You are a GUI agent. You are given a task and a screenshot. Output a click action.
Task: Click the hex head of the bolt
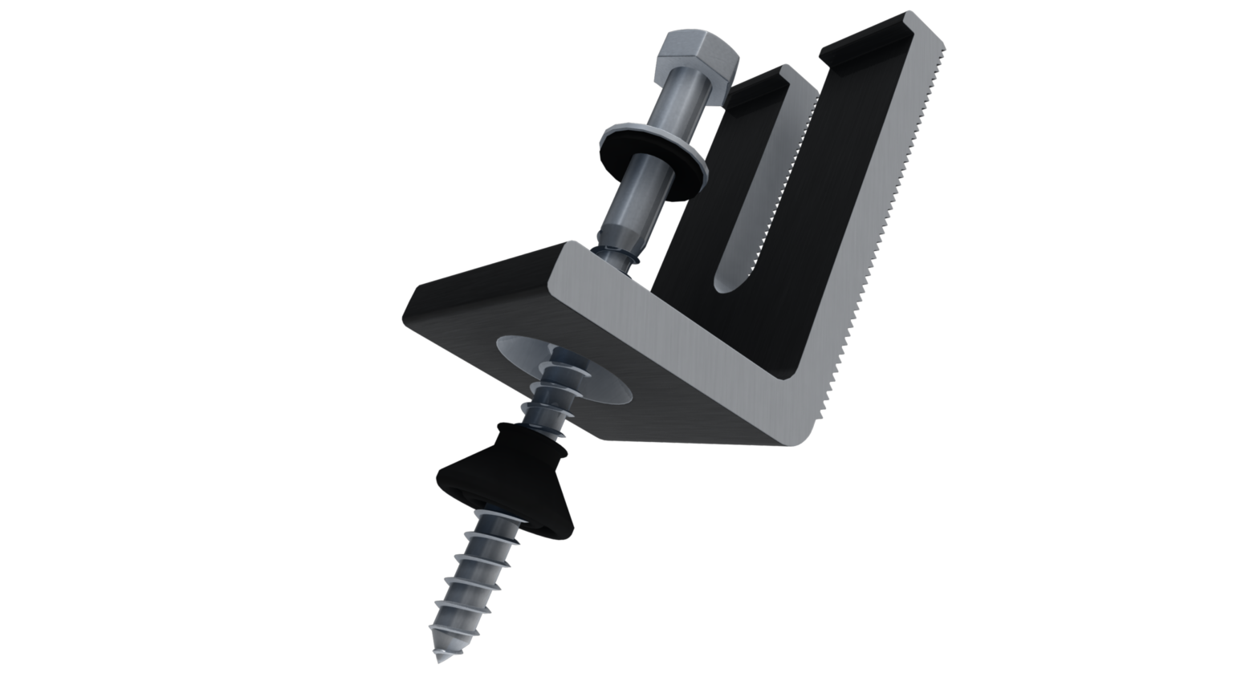click(695, 60)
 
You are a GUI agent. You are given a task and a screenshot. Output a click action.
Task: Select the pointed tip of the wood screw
click(441, 657)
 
